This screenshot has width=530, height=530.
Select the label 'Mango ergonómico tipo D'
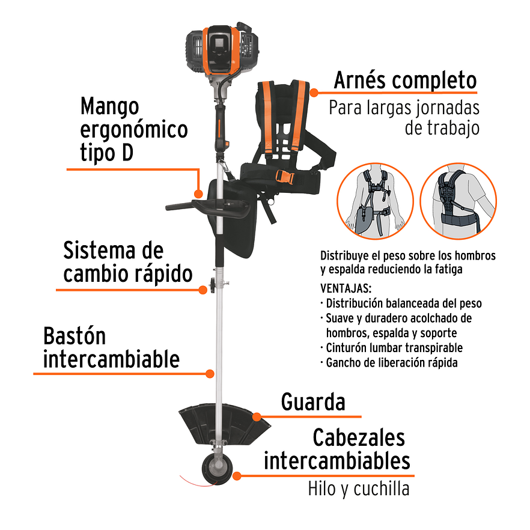[x=133, y=130]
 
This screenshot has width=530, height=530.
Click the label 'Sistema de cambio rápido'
[x=127, y=262]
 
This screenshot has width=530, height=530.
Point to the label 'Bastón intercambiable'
[x=111, y=348]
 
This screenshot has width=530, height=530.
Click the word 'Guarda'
[x=313, y=403]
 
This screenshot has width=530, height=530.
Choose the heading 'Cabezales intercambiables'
[x=337, y=449]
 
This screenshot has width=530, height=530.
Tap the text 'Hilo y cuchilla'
[x=358, y=488]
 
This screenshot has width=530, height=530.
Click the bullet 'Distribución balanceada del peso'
[x=403, y=303]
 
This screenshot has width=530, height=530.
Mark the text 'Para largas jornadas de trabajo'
[x=404, y=118]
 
